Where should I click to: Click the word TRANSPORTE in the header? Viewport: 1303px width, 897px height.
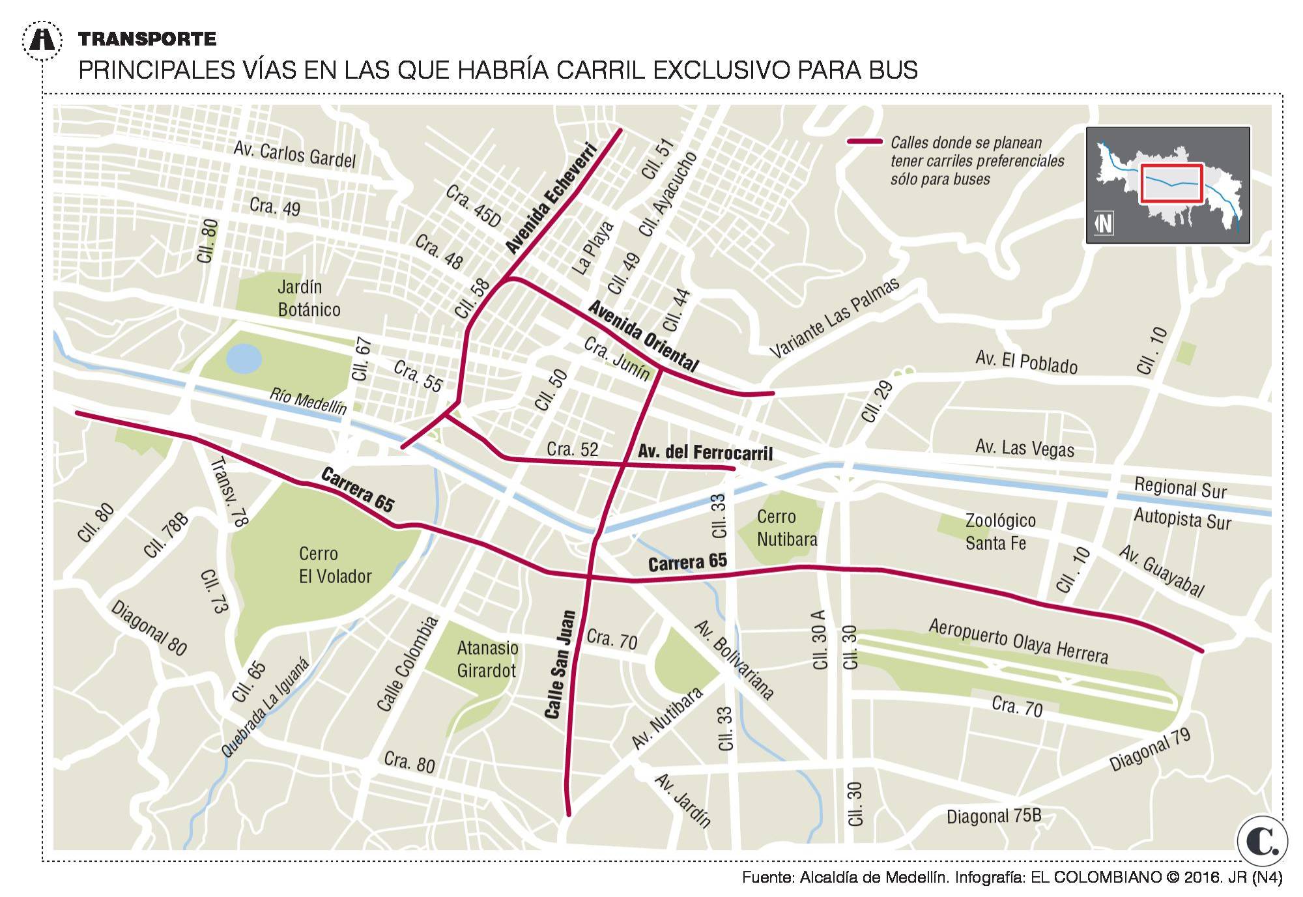click(x=147, y=39)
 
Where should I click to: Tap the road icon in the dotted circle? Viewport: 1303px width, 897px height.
click(x=43, y=40)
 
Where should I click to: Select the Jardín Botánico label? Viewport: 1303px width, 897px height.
click(x=308, y=298)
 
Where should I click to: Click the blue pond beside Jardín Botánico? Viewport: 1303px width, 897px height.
click(x=244, y=358)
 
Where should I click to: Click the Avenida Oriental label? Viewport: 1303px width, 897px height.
click(x=643, y=335)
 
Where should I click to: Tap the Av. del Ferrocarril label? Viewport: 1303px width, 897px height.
click(x=704, y=452)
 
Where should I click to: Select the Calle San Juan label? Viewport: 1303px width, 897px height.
click(x=560, y=664)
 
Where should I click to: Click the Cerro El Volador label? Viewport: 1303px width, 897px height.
click(x=334, y=565)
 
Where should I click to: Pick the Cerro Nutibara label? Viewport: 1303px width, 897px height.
click(x=786, y=528)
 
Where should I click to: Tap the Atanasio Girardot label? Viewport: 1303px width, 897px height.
click(x=487, y=659)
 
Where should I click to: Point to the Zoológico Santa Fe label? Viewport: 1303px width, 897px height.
click(x=999, y=532)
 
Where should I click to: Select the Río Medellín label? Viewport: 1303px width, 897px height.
click(x=308, y=401)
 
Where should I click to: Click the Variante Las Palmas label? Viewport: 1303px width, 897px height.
click(x=835, y=318)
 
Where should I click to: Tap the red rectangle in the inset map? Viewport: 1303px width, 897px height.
click(x=1171, y=184)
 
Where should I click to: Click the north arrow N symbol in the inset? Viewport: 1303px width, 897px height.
click(x=1104, y=223)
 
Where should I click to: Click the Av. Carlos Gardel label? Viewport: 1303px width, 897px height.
click(x=294, y=154)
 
